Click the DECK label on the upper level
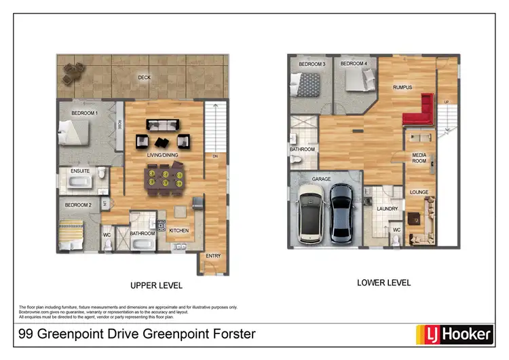tap(144, 77)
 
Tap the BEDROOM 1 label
tap(85, 113)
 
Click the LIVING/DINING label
tap(162, 155)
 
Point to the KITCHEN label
tap(178, 231)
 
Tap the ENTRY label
tap(214, 256)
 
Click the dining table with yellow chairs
tap(163, 179)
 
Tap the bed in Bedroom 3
tap(305, 85)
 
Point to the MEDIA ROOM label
tap(419, 158)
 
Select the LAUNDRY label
tap(387, 209)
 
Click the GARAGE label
tap(321, 179)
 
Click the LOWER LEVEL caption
tap(384, 283)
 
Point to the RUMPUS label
tap(402, 88)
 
